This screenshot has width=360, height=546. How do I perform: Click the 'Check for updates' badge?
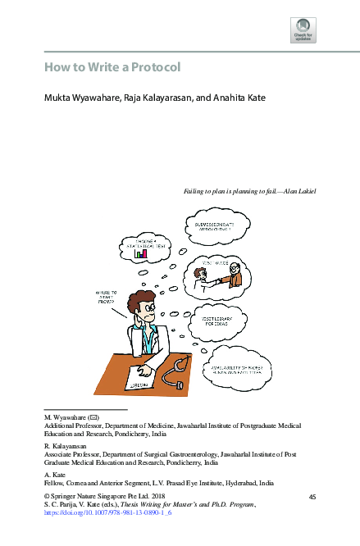point(303,30)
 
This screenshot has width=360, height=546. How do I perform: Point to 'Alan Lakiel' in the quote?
point(300,191)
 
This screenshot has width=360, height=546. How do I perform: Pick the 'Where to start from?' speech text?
point(107,296)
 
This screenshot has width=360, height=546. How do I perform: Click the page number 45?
point(312,498)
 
